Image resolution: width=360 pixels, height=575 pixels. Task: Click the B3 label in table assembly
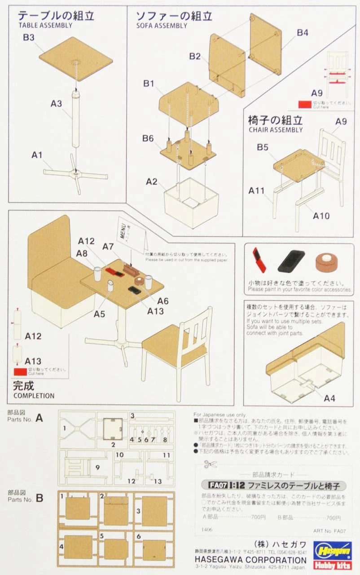tap(29, 38)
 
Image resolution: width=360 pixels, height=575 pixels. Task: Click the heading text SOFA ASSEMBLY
tap(161, 26)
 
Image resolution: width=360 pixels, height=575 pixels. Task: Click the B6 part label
tap(149, 138)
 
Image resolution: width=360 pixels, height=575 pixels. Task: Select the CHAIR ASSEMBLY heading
tap(275, 130)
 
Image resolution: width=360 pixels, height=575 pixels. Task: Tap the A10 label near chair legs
tap(321, 216)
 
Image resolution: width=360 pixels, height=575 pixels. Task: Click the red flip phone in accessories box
tap(259, 260)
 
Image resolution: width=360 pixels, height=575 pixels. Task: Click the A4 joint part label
tap(329, 398)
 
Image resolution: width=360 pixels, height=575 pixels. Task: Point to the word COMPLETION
tap(34, 396)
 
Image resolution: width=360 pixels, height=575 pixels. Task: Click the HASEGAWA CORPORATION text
tap(250, 560)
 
